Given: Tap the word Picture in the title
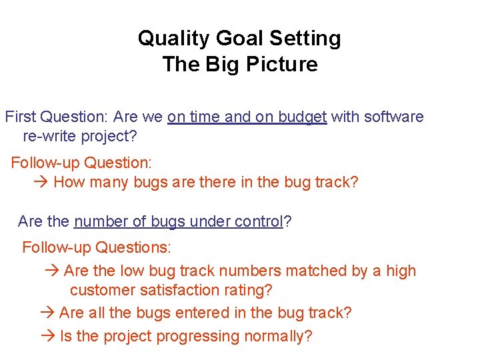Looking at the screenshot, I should click(285, 65).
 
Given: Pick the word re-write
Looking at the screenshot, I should click(51, 137).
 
